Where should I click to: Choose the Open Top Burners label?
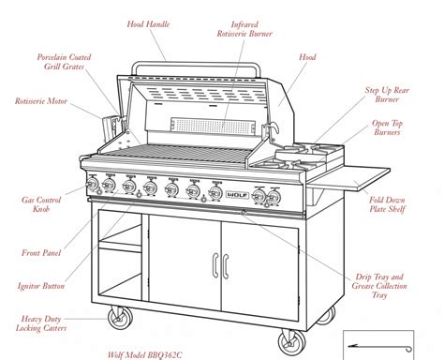(392, 129)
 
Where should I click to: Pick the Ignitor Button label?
(41, 286)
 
